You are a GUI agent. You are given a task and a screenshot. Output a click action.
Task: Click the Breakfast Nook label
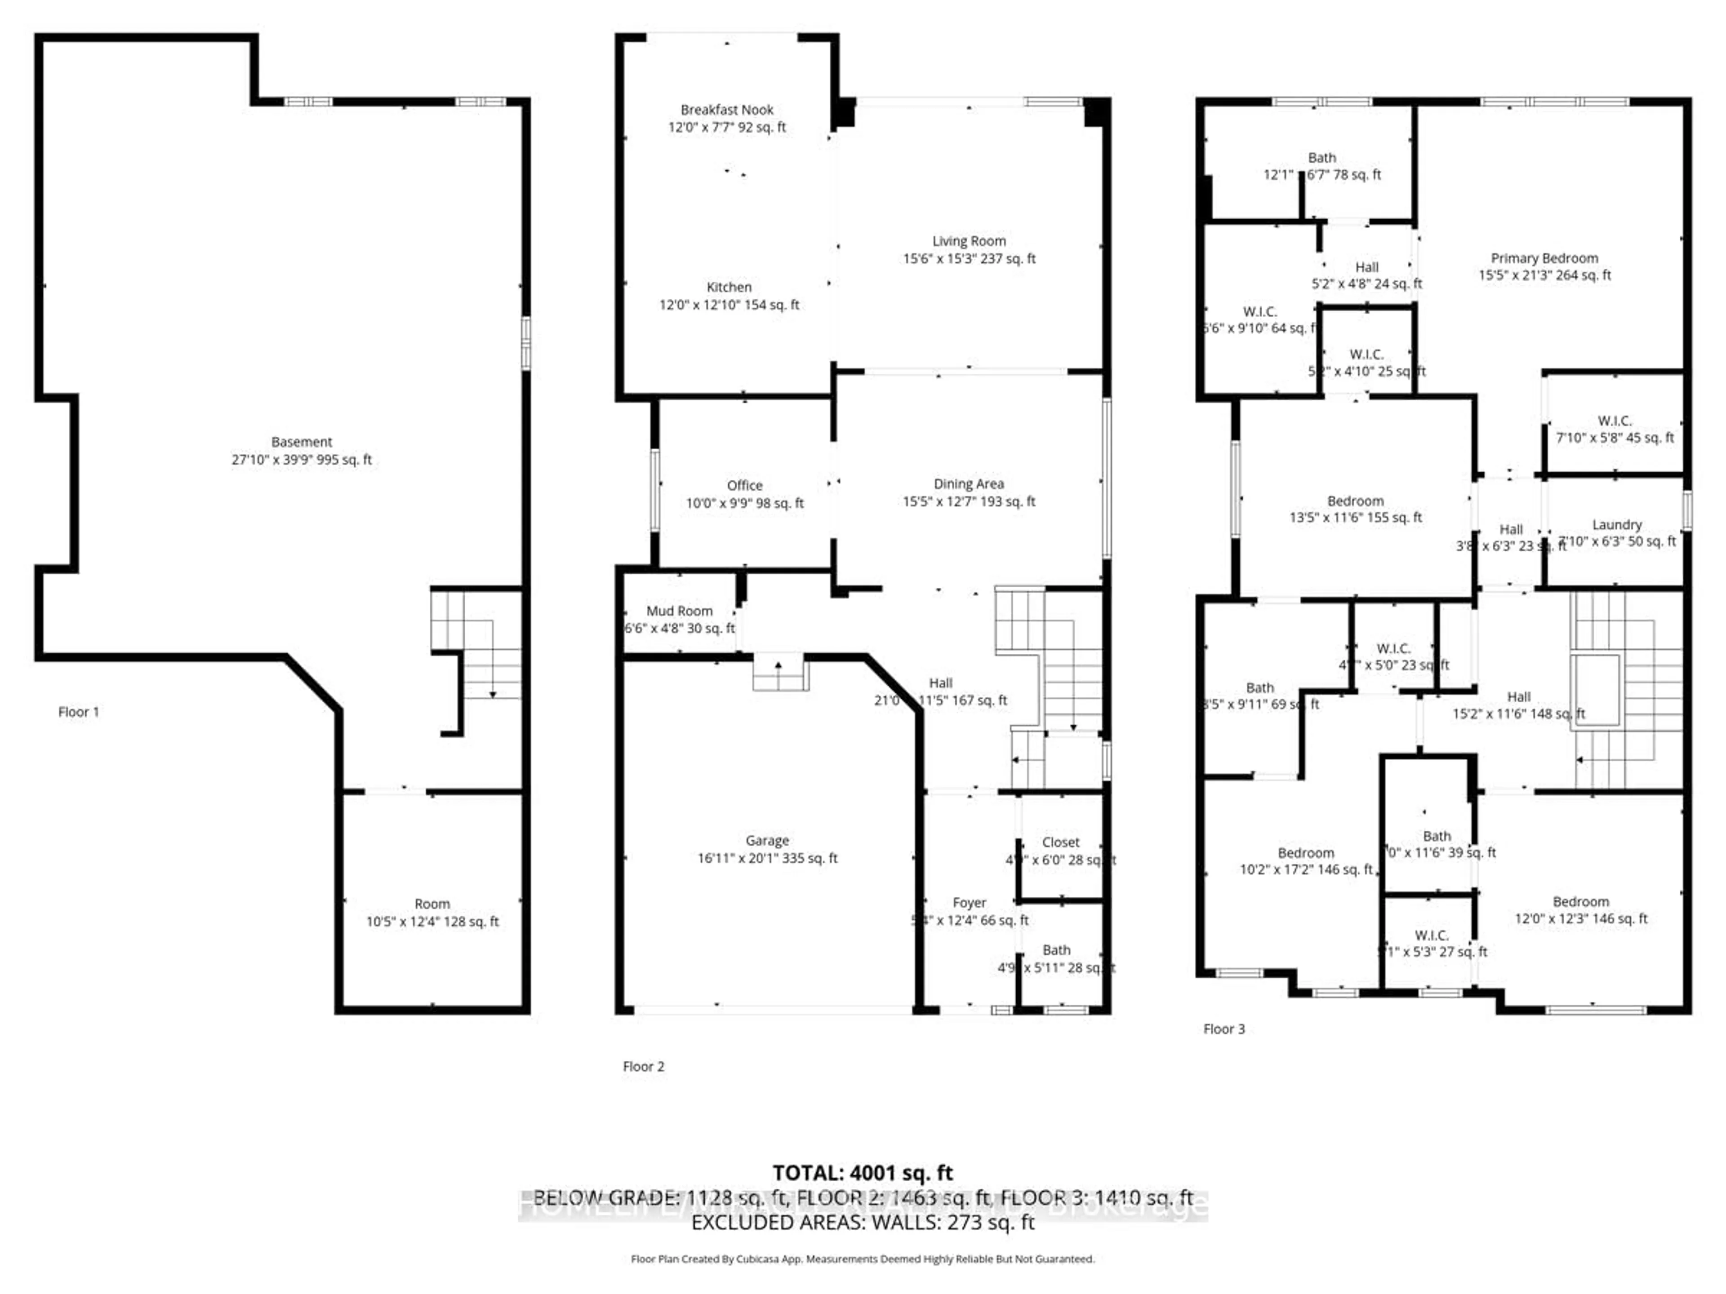pos(726,110)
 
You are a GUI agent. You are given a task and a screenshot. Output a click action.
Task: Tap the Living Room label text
pos(968,241)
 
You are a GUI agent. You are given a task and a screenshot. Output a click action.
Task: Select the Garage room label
pos(766,840)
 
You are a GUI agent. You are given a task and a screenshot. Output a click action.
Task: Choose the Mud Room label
pos(679,611)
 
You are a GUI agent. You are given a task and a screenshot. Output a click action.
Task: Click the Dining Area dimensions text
pos(968,501)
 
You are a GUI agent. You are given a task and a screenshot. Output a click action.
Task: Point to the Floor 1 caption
pos(78,711)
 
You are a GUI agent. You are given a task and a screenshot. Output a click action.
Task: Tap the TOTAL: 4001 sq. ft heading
pos(862,1173)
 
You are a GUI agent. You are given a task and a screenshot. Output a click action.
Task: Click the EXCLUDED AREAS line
pos(862,1222)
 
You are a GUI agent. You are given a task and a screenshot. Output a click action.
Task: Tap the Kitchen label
pos(728,287)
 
